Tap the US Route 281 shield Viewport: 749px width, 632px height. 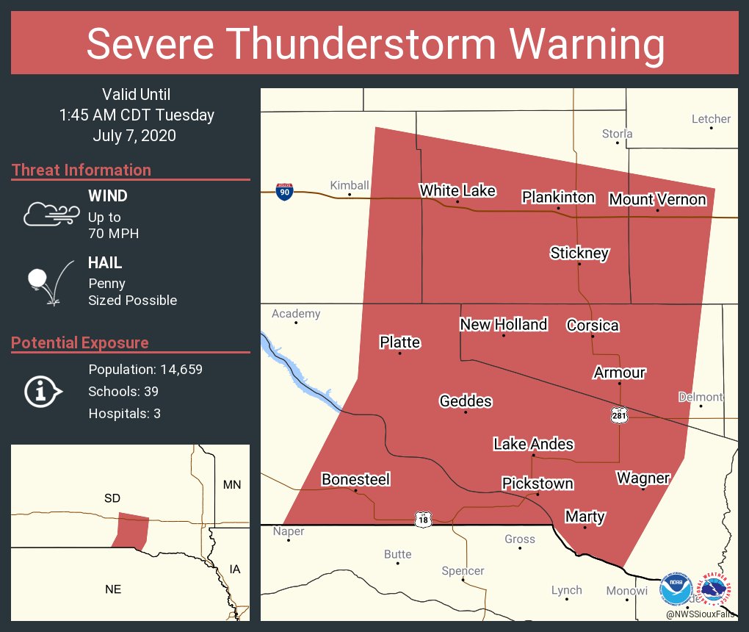(x=620, y=416)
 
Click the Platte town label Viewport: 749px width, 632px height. (x=399, y=342)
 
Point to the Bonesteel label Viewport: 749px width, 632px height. (x=355, y=479)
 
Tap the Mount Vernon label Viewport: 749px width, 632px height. (x=657, y=199)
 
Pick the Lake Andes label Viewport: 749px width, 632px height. (x=533, y=444)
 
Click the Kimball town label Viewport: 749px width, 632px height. (x=349, y=185)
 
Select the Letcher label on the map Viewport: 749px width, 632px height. (x=711, y=118)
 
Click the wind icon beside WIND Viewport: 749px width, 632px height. (x=50, y=214)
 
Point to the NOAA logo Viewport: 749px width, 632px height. (x=676, y=589)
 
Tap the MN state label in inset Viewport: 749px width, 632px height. (x=232, y=484)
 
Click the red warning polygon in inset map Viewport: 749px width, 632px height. (x=131, y=529)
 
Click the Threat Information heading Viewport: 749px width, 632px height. (x=81, y=170)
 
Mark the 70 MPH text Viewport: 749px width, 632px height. (x=113, y=234)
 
